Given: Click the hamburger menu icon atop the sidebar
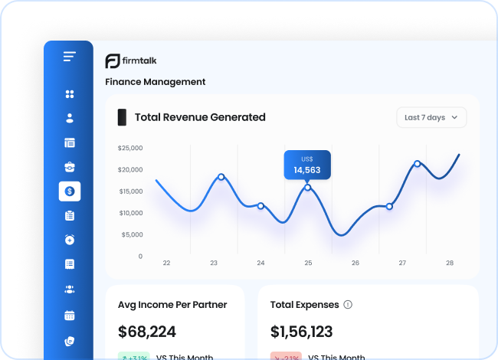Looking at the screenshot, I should pos(70,57).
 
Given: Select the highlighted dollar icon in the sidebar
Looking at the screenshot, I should pos(70,191).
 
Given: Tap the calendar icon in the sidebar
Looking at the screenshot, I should pos(70,315).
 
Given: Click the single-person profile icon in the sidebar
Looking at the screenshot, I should pos(70,118).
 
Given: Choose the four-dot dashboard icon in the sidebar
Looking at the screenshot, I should pos(70,94).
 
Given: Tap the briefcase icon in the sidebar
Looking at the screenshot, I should pos(70,166).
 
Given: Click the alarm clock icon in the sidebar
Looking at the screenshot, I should pos(70,240).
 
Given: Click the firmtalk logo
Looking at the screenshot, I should pos(131,61).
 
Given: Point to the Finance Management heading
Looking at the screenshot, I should pos(156,82).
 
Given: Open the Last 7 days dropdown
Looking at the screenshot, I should pos(431,117).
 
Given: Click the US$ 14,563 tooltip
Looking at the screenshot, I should pos(307,165).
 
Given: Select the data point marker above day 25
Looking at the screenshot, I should pos(308,187).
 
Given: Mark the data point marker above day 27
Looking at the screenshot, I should pos(389,206).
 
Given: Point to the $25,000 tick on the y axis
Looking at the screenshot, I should pos(130,148).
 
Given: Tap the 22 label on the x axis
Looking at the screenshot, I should pos(166,263).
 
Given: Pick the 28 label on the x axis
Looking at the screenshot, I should pos(450,263).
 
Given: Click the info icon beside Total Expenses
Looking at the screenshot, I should pos(348,305).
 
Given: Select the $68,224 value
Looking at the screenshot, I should pos(147,332).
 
